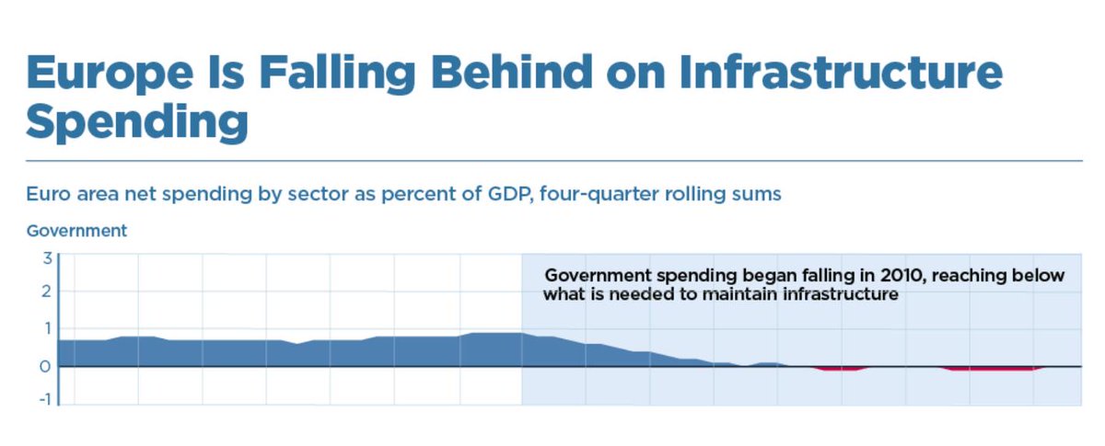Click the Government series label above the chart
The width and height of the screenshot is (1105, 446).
[76, 231]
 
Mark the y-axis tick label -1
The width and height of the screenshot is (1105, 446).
[42, 402]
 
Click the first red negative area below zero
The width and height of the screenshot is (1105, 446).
[841, 369]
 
